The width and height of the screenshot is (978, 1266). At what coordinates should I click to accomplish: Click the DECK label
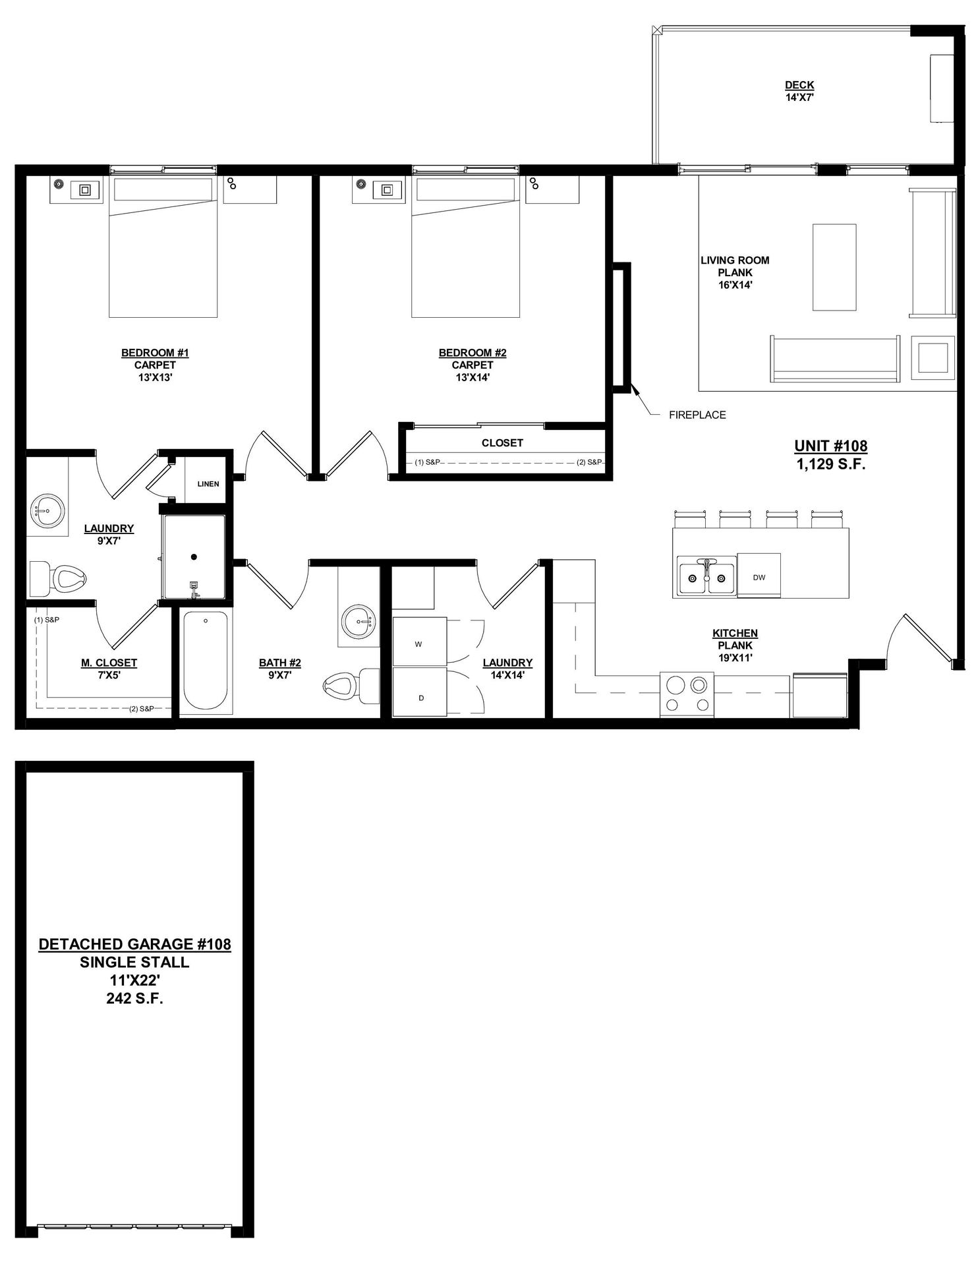tap(799, 85)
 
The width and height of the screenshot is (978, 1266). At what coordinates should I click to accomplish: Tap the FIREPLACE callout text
tap(697, 415)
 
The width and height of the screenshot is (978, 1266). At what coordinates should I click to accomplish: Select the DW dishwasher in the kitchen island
tap(759, 576)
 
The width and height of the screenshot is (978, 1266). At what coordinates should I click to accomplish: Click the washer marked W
tap(420, 642)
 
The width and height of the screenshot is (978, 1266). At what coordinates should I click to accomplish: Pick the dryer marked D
tap(420, 692)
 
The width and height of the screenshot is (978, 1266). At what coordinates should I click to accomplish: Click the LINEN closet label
tap(208, 484)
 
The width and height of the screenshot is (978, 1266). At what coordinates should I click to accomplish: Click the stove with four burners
tap(687, 695)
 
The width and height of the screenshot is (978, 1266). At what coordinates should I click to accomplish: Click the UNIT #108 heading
tap(831, 446)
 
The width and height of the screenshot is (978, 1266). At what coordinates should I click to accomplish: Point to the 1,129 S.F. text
tap(831, 464)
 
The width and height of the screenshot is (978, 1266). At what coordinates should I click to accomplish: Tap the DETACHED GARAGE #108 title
tap(135, 944)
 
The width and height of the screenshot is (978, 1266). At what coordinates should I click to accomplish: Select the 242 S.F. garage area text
tap(135, 998)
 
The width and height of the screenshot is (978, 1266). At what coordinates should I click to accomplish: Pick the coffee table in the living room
tap(834, 267)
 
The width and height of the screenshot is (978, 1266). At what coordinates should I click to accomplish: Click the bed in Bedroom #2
tap(466, 247)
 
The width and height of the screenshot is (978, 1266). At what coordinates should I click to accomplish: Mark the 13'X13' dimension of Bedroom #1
tap(155, 377)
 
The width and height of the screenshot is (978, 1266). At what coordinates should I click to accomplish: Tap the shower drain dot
tap(194, 557)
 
